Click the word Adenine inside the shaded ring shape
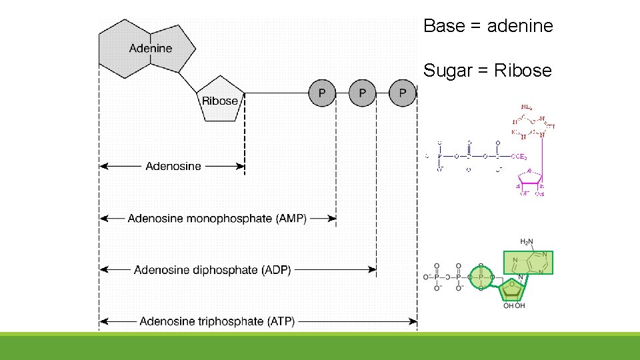coord(150,48)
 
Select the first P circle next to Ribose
coord(322,93)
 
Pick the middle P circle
coord(362,93)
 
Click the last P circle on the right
coord(403,93)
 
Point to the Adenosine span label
coord(173,166)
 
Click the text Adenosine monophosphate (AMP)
coord(217,218)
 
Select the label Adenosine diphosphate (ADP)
coord(213,270)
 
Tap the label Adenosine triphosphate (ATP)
coord(217,321)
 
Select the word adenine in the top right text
coord(520,26)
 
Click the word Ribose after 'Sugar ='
coord(523,70)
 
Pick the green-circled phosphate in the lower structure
coord(479,276)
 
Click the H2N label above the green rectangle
coord(527,242)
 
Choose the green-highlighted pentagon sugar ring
coord(514,288)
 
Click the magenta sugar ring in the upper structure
coord(532,177)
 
